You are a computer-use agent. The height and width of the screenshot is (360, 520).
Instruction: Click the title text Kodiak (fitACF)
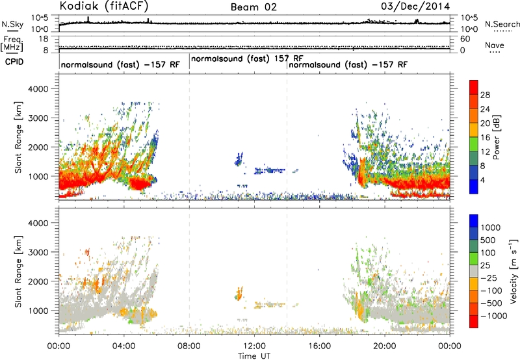(104, 6)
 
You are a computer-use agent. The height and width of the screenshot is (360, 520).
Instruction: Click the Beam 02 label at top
(253, 7)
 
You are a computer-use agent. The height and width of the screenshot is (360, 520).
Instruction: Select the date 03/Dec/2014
(415, 6)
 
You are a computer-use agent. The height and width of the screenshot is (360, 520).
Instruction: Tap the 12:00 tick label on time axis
(254, 346)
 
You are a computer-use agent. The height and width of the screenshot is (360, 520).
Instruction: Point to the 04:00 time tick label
(124, 346)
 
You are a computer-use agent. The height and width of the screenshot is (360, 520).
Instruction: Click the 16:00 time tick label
(319, 346)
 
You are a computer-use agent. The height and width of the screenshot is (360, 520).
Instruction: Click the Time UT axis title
(254, 356)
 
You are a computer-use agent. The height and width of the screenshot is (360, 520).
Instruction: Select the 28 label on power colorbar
(485, 95)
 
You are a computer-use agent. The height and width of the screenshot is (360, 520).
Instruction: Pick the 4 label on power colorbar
(483, 181)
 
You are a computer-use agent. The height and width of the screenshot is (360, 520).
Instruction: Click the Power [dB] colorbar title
(496, 137)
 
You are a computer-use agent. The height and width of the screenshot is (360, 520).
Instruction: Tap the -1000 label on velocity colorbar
(493, 316)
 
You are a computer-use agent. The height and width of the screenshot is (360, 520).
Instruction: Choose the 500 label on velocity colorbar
(488, 240)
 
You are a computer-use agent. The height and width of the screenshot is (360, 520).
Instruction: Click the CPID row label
(14, 62)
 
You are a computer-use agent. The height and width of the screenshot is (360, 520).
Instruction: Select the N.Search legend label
(502, 24)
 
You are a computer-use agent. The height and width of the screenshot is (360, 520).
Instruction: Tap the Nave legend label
(495, 45)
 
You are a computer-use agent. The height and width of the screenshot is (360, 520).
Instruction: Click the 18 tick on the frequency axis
(44, 39)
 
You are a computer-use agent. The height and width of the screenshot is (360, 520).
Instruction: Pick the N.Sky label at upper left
(12, 24)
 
